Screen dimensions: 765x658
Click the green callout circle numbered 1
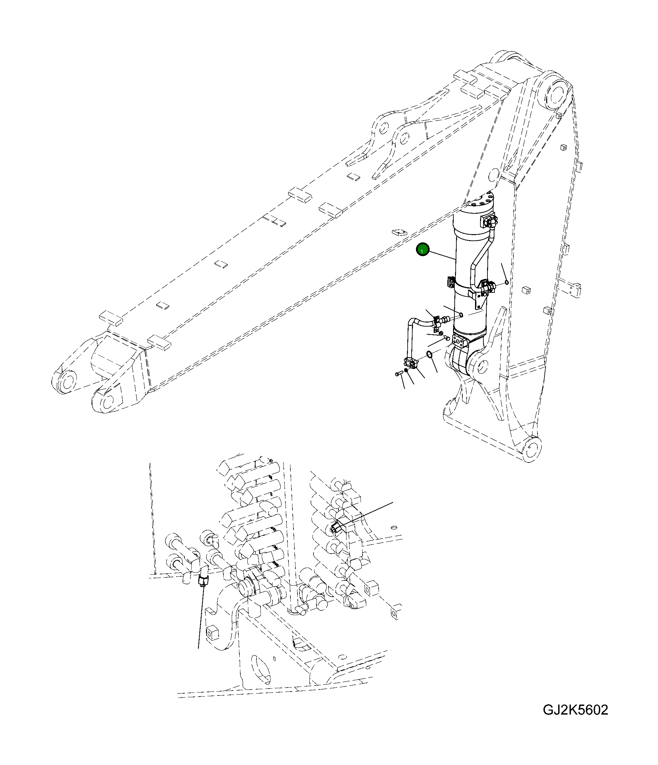(x=422, y=250)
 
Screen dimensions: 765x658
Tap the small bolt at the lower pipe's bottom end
(x=398, y=374)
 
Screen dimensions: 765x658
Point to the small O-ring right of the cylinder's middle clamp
(x=507, y=282)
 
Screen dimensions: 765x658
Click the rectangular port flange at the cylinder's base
(x=460, y=342)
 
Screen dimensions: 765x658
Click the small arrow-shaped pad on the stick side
(x=399, y=232)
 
